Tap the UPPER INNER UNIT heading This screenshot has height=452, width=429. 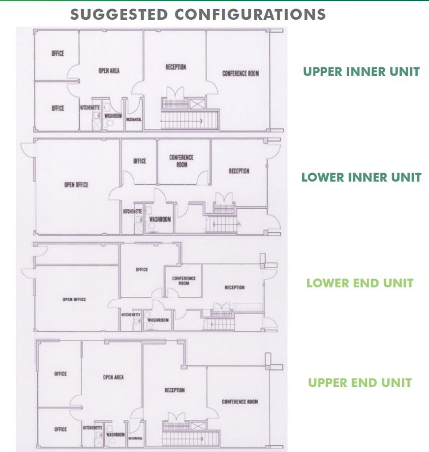[x=361, y=72]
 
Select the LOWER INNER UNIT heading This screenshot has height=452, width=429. [x=361, y=178]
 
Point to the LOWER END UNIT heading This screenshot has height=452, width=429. [x=360, y=283]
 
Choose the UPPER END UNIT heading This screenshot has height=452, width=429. [x=360, y=383]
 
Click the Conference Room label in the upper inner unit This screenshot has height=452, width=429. [x=241, y=74]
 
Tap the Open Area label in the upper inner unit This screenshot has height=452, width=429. [x=109, y=71]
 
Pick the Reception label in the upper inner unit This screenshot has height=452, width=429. [x=175, y=67]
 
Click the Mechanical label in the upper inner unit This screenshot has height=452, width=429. [x=134, y=119]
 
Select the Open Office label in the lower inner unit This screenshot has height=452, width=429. [x=76, y=185]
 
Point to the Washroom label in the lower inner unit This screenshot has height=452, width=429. [x=160, y=219]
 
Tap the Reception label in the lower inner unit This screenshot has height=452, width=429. [x=239, y=171]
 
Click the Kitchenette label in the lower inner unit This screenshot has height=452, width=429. [x=132, y=212]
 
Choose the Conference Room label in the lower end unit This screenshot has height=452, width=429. [x=184, y=281]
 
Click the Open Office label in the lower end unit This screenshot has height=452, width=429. [x=74, y=299]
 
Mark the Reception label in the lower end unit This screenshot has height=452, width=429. [x=234, y=287]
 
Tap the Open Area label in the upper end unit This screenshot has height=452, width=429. [x=113, y=377]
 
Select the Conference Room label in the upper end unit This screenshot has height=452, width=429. [x=240, y=402]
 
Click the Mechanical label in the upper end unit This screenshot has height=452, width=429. [x=134, y=438]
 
